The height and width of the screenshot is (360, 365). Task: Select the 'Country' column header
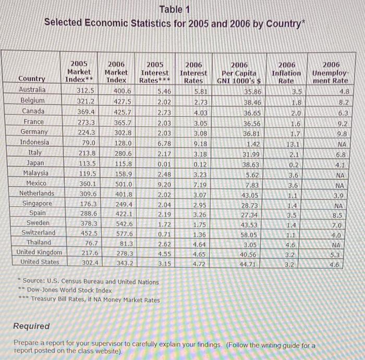tap(31, 79)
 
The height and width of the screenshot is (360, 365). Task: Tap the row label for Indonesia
tap(34, 142)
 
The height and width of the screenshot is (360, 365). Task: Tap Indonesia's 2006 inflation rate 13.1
tap(292, 143)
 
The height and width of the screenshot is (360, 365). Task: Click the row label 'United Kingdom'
tap(39, 252)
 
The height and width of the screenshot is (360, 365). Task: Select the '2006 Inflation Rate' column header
tap(286, 72)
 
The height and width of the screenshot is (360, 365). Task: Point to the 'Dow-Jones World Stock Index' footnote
tap(69, 290)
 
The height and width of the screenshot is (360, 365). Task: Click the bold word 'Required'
tap(32, 326)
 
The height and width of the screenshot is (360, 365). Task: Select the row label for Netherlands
tap(36, 193)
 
